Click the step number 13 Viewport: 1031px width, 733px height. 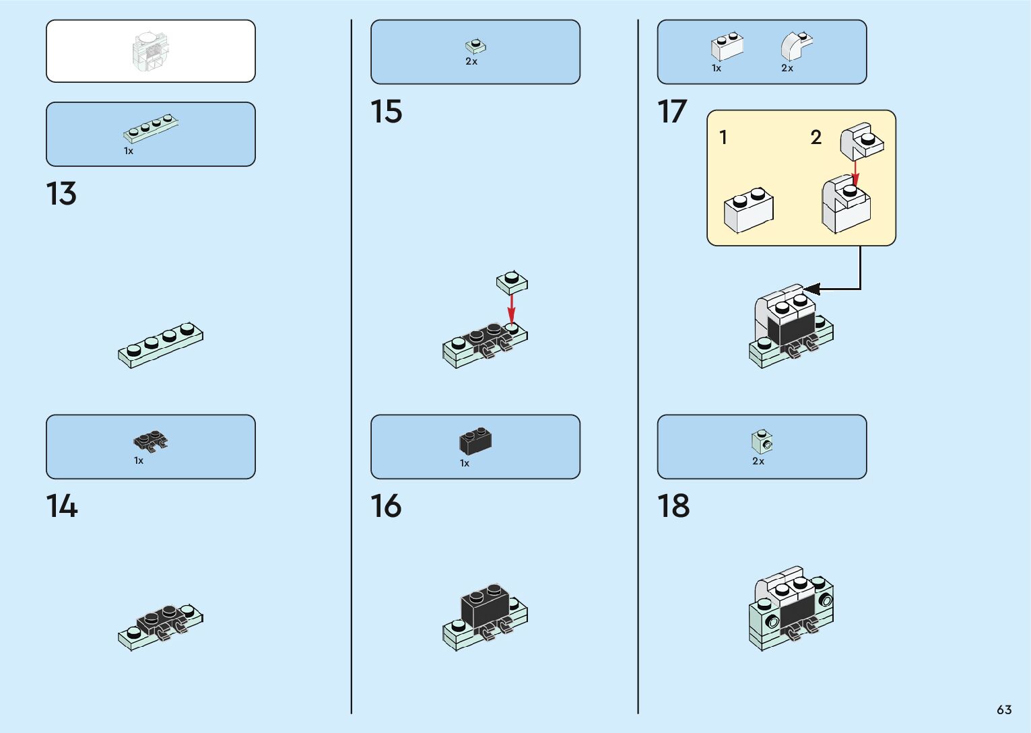(x=61, y=194)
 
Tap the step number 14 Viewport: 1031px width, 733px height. (x=61, y=506)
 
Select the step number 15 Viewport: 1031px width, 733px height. (x=386, y=112)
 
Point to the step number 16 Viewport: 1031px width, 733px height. (x=386, y=506)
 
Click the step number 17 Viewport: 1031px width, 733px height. (x=672, y=112)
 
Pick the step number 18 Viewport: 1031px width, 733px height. (x=673, y=506)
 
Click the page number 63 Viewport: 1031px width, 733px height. (x=1004, y=709)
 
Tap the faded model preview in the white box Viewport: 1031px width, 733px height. (x=151, y=51)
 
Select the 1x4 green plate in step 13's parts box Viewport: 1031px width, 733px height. (x=151, y=128)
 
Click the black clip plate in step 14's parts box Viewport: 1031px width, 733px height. (x=151, y=442)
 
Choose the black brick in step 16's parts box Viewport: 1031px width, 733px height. (x=475, y=441)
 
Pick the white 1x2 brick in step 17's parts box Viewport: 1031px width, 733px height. (x=727, y=46)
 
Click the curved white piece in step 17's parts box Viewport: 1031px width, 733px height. (x=796, y=45)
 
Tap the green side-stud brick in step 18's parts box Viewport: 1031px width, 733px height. (x=762, y=442)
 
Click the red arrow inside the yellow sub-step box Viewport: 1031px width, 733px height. (x=855, y=171)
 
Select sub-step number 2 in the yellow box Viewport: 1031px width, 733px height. (x=816, y=137)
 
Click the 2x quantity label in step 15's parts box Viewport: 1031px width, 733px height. (x=471, y=61)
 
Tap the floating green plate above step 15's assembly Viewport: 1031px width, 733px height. (x=512, y=282)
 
